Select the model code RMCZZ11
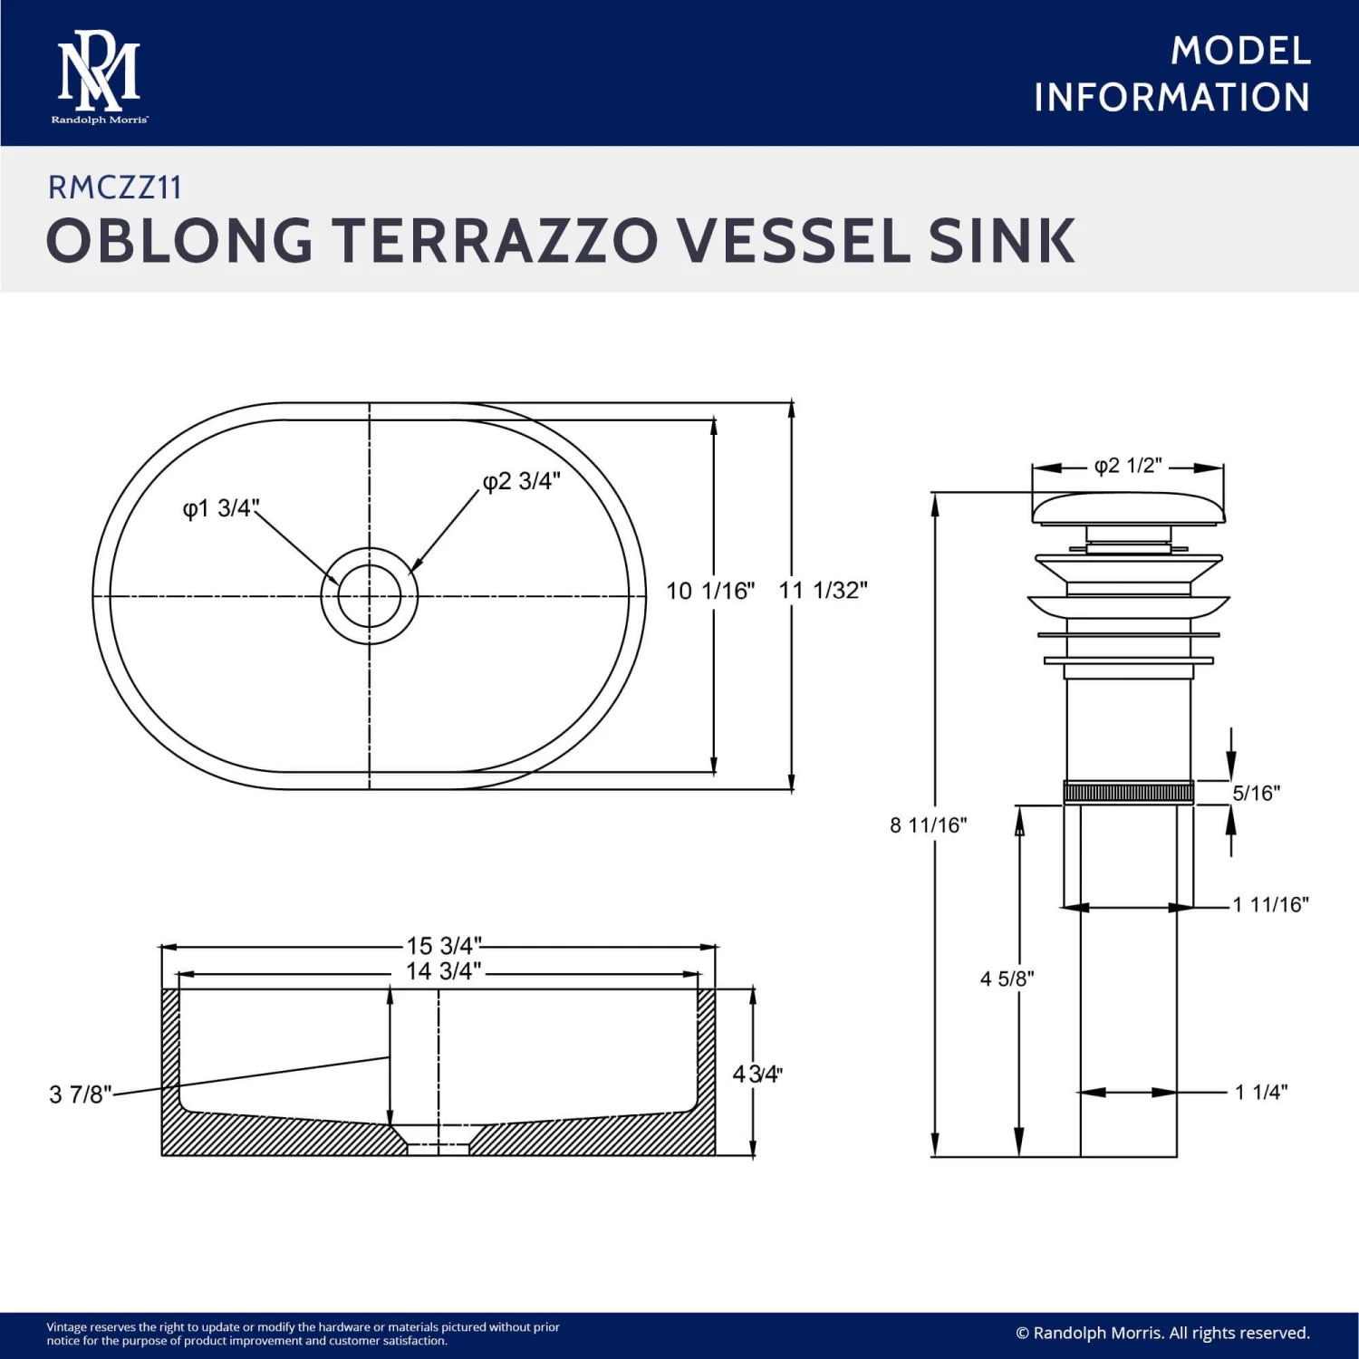[115, 188]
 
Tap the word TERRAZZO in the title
[496, 241]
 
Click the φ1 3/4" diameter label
[221, 508]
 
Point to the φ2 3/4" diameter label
[522, 481]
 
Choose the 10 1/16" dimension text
[710, 592]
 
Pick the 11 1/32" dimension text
[823, 591]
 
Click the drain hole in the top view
[370, 596]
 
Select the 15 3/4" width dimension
[444, 946]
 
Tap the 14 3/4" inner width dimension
[443, 971]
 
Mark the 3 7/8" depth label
[80, 1094]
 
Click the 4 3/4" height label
[757, 1075]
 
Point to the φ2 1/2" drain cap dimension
[1128, 466]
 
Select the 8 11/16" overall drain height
[928, 825]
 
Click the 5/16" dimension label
[1256, 794]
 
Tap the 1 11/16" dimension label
[1270, 904]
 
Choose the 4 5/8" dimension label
[1007, 978]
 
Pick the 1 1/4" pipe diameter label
[1261, 1092]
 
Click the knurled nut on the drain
[1128, 793]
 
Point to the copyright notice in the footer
[1162, 1333]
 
